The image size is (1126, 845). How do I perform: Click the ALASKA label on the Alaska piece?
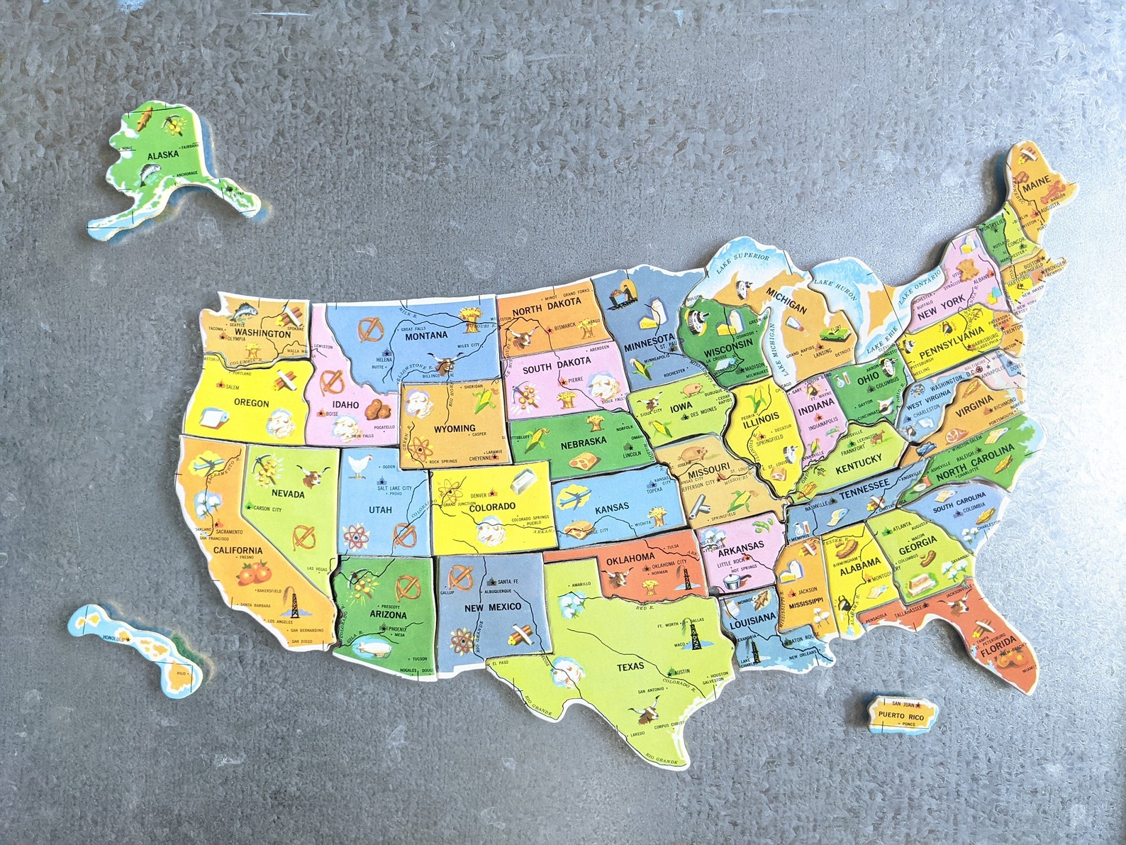pos(162,155)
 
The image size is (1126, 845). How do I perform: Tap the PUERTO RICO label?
pos(900,717)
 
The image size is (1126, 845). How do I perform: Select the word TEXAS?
pos(630,667)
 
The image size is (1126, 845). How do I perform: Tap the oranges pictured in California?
pos(252,572)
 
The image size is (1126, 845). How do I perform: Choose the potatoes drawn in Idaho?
pos(381,408)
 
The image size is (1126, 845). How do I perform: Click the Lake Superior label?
pos(742,261)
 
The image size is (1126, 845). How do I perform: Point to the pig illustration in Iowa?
pos(692,389)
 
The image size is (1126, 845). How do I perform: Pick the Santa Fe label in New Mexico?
pos(508,581)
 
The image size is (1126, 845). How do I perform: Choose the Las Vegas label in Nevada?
pos(317,569)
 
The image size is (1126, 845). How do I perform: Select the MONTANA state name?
pos(426,335)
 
